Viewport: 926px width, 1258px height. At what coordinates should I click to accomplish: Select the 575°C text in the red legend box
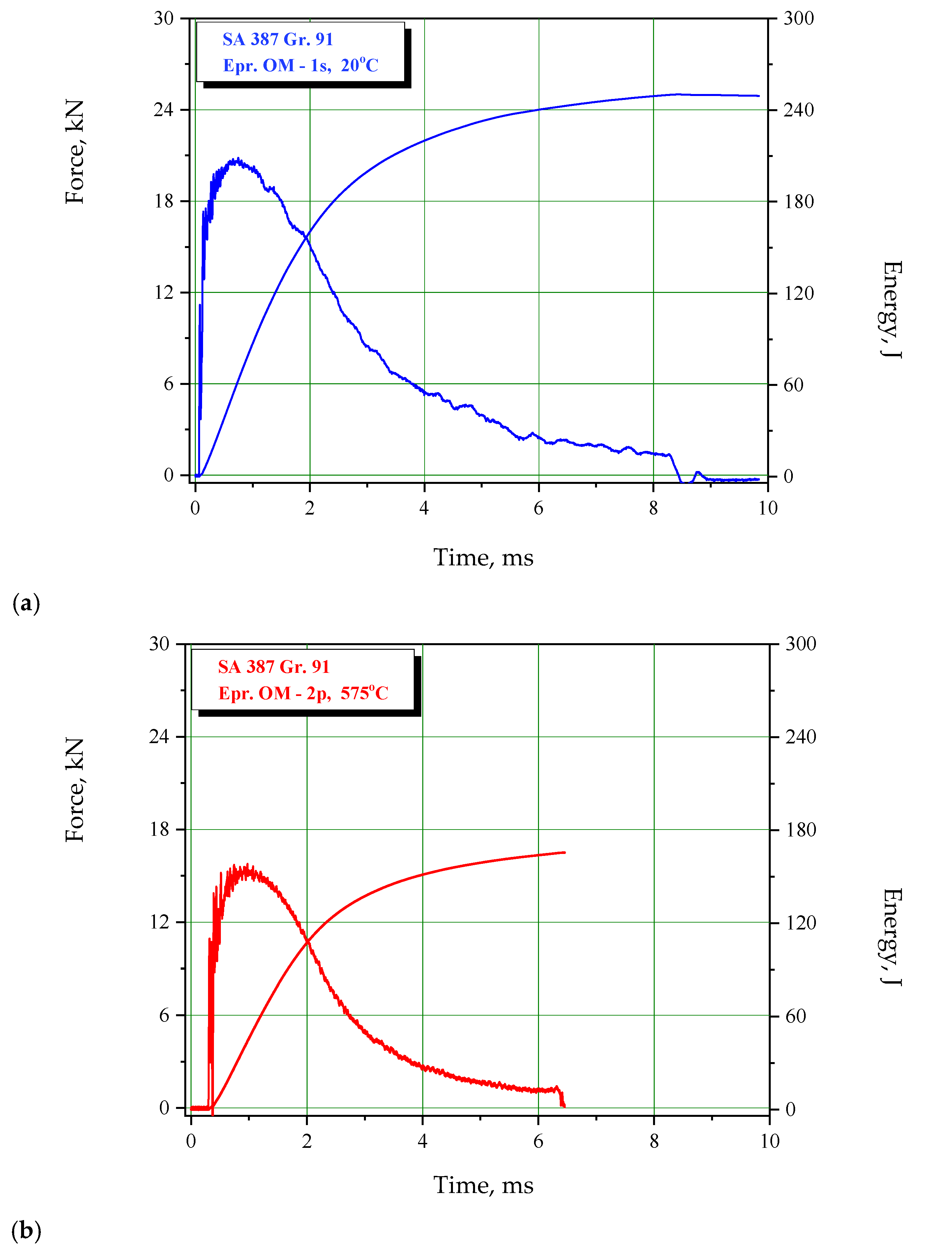[x=364, y=693]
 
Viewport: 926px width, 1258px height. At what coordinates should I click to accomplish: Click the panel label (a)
[x=26, y=604]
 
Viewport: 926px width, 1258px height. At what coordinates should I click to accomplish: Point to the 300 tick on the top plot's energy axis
[x=798, y=18]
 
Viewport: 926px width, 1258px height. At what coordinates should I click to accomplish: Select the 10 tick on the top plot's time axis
[x=767, y=508]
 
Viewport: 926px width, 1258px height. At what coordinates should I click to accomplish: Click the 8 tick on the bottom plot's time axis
[x=654, y=1141]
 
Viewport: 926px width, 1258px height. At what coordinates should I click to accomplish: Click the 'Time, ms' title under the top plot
[x=483, y=557]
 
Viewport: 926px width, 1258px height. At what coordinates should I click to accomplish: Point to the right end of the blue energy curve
[x=759, y=96]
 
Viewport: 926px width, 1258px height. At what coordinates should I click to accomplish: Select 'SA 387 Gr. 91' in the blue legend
[x=278, y=39]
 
